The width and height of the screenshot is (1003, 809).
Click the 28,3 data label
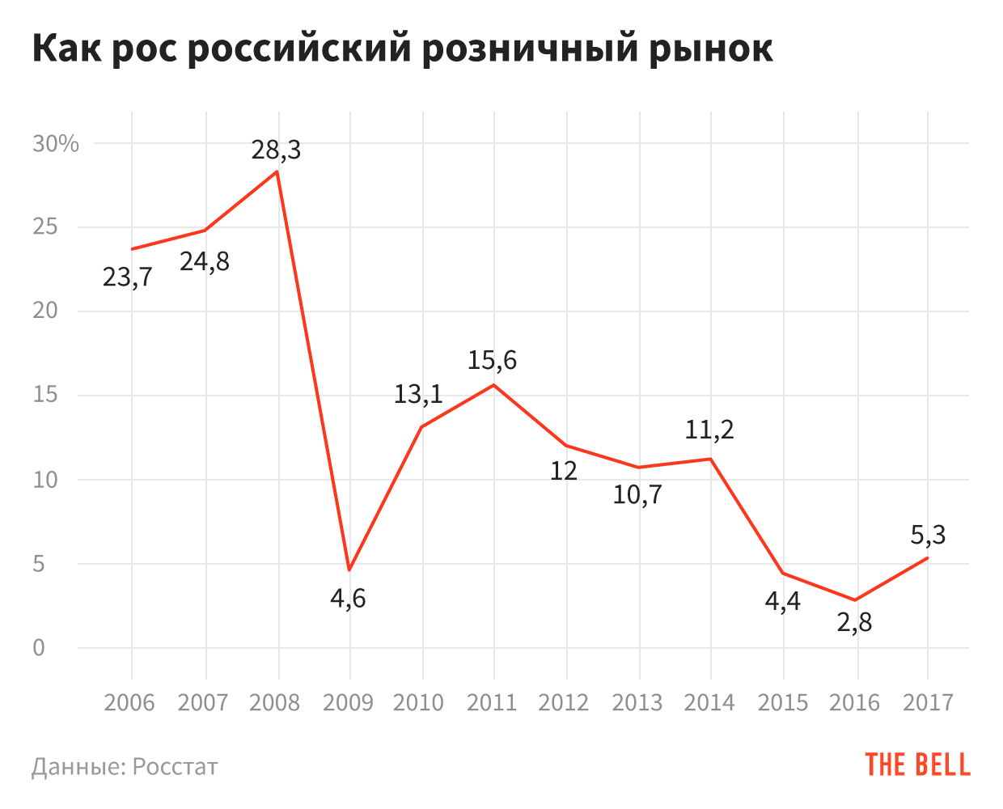point(276,150)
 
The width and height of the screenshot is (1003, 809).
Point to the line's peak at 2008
point(277,172)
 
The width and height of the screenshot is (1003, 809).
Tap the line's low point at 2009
point(349,570)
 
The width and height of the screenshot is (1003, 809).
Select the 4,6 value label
point(348,599)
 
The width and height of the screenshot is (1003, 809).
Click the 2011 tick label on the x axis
point(492,702)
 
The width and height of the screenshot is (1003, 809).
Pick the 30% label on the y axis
point(56,144)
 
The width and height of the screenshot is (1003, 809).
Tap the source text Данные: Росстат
point(125,766)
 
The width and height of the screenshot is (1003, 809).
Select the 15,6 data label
point(492,360)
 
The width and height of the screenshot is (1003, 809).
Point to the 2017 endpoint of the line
point(927,558)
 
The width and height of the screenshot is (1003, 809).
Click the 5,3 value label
point(928,535)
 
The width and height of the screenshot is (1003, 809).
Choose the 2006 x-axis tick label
point(129,702)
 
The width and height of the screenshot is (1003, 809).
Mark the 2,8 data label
point(854,624)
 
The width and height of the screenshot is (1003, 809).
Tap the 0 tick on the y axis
point(39,648)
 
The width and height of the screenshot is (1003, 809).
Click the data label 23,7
point(128,277)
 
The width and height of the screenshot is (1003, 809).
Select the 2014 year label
point(709,702)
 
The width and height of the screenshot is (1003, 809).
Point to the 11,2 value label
point(709,430)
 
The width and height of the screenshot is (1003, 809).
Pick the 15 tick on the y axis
point(45,396)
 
